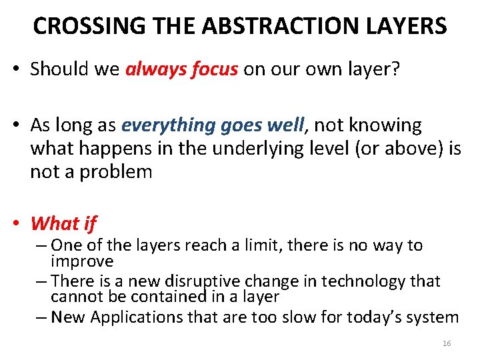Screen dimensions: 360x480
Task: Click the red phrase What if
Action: tap(63, 223)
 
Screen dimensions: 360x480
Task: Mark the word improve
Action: tap(82, 261)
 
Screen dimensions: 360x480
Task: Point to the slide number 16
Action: tap(447, 343)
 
